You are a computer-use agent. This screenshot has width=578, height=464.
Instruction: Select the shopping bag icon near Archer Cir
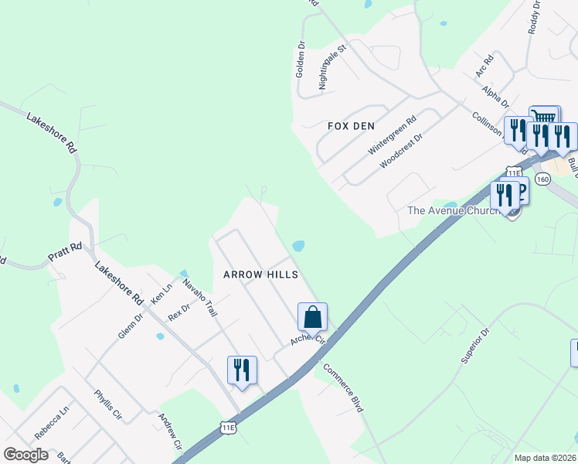pos(312,316)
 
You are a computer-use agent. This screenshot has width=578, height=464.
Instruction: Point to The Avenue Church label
pos(461,210)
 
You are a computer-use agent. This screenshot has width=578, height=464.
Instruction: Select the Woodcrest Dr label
pos(402,152)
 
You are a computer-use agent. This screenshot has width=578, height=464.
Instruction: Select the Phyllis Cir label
pos(109,404)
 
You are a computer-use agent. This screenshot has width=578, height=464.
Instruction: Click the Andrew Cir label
pos(170,432)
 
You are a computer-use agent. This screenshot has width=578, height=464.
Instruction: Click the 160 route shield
pos(542,179)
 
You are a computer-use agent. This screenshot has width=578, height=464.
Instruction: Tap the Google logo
pos(26,455)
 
